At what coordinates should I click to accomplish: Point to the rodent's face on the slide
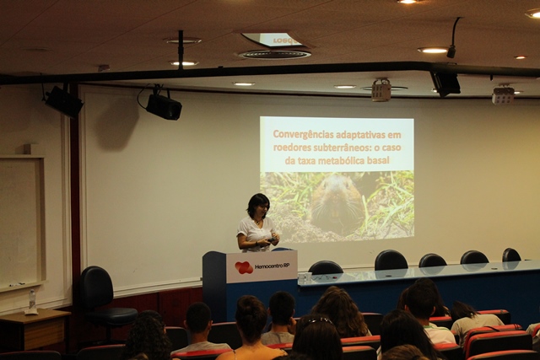click(x=335, y=201)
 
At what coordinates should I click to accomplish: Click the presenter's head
click(x=258, y=206)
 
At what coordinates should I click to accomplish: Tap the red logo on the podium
click(x=244, y=267)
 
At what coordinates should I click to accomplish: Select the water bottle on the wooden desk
click(x=32, y=299)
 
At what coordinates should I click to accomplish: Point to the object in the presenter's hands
click(x=272, y=239)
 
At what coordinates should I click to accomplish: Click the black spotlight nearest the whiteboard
click(x=64, y=101)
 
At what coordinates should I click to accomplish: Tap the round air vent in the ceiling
click(x=274, y=54)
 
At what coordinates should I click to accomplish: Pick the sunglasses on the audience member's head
click(x=320, y=320)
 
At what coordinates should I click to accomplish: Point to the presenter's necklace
click(x=257, y=222)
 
